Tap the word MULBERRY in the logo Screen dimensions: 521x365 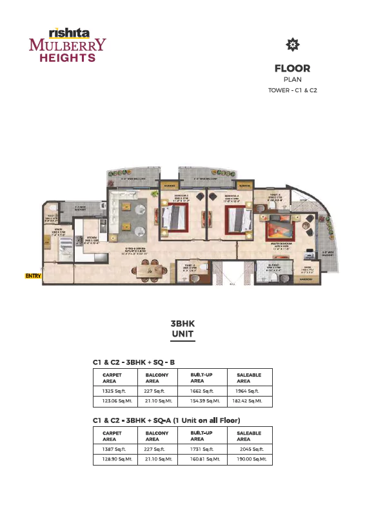point(67,45)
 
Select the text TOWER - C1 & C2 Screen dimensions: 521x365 point(292,90)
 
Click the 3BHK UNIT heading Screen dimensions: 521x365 point(182,329)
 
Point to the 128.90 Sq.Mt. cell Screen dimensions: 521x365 point(113,459)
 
